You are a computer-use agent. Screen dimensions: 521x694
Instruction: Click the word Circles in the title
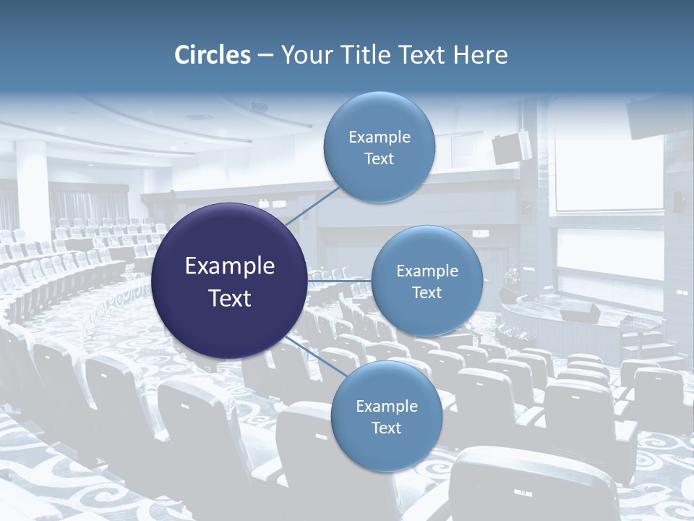[x=213, y=55]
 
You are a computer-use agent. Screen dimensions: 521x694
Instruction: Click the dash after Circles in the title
[x=265, y=56]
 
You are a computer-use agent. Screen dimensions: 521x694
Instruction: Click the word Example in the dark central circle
[x=230, y=266]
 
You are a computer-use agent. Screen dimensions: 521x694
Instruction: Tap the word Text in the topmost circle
[x=379, y=159]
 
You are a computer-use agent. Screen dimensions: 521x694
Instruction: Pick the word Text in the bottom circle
[x=386, y=428]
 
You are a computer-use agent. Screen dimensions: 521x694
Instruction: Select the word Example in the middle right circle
[x=427, y=271]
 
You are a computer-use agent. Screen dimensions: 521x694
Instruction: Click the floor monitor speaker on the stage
[x=580, y=312]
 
